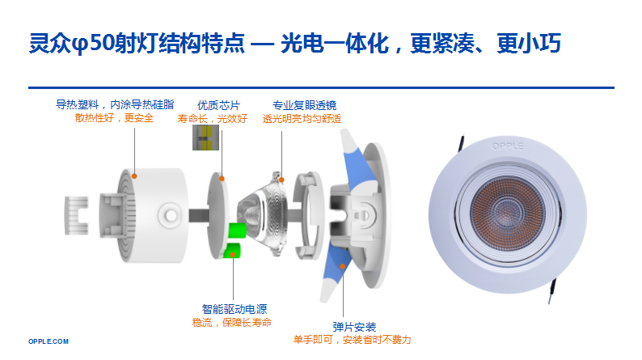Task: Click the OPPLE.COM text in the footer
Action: coord(49,341)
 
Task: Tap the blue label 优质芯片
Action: coord(218,105)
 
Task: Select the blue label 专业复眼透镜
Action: coord(305,105)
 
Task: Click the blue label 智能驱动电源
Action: coord(234,309)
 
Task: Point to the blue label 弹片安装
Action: coord(354,327)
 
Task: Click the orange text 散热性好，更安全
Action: coord(114,118)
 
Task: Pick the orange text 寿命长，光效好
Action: coord(213,119)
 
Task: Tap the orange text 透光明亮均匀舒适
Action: coord(302,119)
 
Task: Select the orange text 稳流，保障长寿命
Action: coord(232,322)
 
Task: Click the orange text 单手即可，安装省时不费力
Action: coord(352,340)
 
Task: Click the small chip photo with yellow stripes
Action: coord(205,138)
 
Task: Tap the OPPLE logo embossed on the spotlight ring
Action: coord(508,146)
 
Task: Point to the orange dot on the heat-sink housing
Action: coord(134,176)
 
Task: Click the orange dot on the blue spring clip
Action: coord(342,266)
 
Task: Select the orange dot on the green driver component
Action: coord(233,255)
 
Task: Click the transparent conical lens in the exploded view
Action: coord(262,214)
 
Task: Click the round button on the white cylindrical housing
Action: coord(169,215)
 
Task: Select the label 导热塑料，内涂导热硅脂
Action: coord(115,104)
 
